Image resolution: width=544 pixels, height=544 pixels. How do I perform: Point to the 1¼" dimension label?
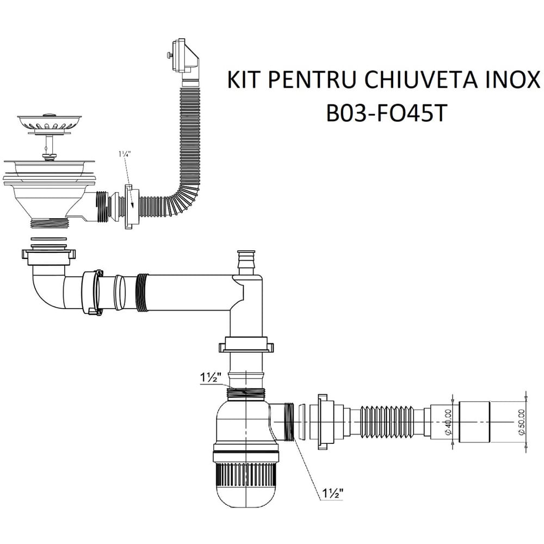coord(124,154)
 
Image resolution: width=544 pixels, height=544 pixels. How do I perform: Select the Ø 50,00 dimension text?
coord(521,422)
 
